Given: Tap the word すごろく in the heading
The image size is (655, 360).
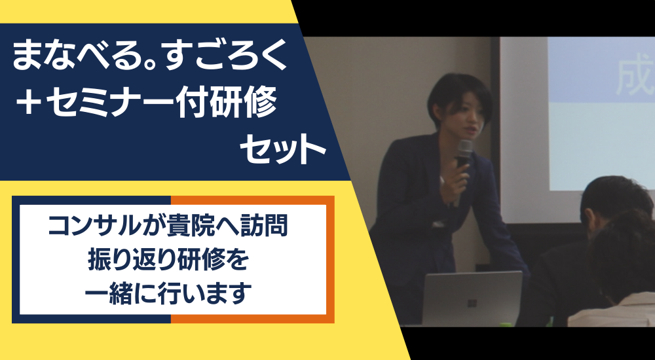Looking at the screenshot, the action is (x=226, y=55).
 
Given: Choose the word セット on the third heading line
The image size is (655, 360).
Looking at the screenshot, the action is (x=283, y=149).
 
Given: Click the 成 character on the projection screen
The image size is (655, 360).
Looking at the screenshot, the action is (x=635, y=79).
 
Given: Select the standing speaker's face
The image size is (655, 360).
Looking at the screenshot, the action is (x=462, y=114).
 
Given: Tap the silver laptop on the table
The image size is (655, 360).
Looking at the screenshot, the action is (x=472, y=298).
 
